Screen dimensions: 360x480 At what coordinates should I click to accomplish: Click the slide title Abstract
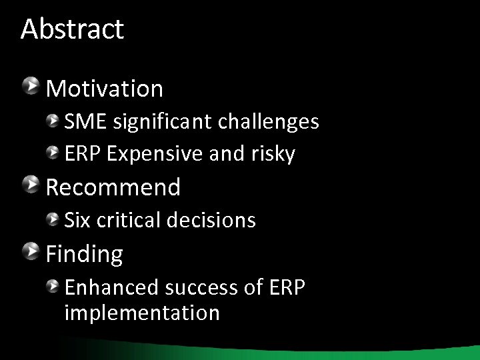72,29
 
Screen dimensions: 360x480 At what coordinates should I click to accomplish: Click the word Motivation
105,89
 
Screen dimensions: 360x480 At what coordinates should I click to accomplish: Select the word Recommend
113,187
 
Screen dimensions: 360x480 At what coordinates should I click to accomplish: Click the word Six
77,221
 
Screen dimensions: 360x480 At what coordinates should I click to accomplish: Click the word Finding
84,254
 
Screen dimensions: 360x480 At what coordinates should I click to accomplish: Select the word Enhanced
111,287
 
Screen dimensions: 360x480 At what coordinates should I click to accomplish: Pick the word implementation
142,313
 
